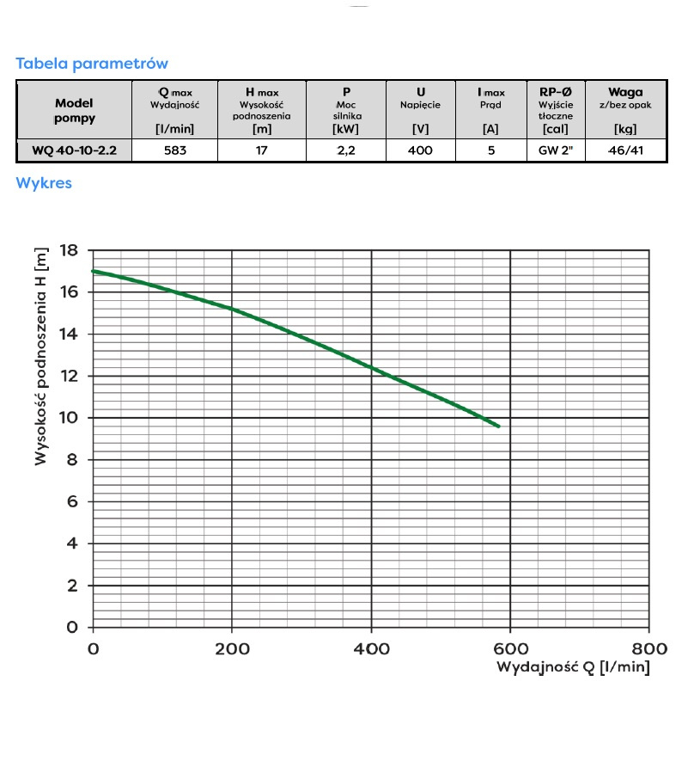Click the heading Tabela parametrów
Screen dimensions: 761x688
pos(92,64)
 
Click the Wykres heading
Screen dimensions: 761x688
pos(44,183)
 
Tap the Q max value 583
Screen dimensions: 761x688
pos(175,150)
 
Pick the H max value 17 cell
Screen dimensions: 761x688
pos(262,150)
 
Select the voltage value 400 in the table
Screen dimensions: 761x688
pos(421,150)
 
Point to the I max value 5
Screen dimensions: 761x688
pos(490,150)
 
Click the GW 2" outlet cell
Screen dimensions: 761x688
pos(556,150)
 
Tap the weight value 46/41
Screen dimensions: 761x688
pos(625,150)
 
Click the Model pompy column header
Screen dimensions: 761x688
pos(74,110)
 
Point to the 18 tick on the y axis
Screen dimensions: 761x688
pos(68,250)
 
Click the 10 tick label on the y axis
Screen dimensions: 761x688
pos(68,418)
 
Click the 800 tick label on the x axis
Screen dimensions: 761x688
pos(649,648)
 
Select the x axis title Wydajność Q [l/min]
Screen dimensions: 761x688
pos(573,667)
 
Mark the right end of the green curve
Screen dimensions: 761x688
pos(498,426)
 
